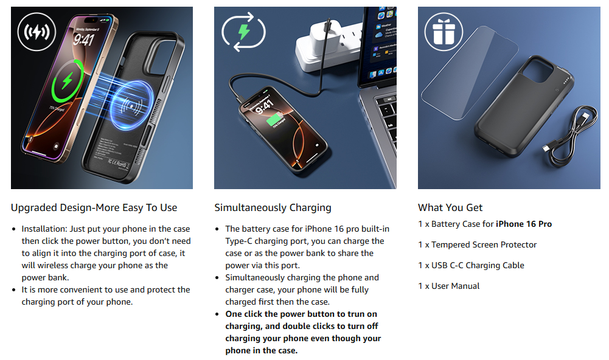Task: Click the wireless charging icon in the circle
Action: point(37,32)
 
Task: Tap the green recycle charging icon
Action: point(243,32)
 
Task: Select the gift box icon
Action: point(444,32)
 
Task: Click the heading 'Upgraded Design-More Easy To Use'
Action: point(94,208)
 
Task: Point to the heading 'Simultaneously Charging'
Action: point(273,208)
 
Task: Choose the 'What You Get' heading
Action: point(450,208)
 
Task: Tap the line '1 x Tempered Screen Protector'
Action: point(478,244)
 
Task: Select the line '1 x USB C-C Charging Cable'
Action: point(471,265)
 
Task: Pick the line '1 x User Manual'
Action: point(448,286)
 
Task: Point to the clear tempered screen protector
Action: point(470,73)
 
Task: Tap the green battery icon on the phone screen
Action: point(275,119)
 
